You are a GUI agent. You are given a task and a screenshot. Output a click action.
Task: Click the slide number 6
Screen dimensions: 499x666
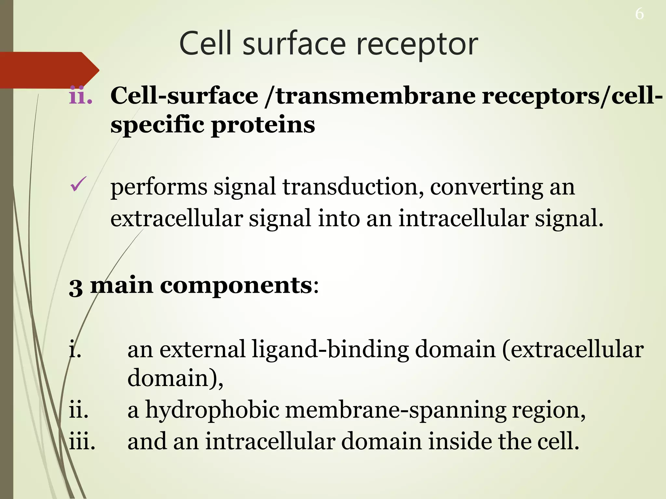[x=639, y=14]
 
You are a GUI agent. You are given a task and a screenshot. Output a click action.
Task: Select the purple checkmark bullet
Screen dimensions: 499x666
[x=78, y=184]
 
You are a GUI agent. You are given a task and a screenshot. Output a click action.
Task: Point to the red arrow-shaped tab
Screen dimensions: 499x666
[x=49, y=70]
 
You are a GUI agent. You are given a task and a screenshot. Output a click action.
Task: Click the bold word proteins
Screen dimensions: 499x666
[x=263, y=125]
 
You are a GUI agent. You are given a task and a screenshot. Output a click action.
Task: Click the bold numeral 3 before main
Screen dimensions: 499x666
[x=76, y=287]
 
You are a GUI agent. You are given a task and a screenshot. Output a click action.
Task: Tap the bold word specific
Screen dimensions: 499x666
[x=157, y=125]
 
